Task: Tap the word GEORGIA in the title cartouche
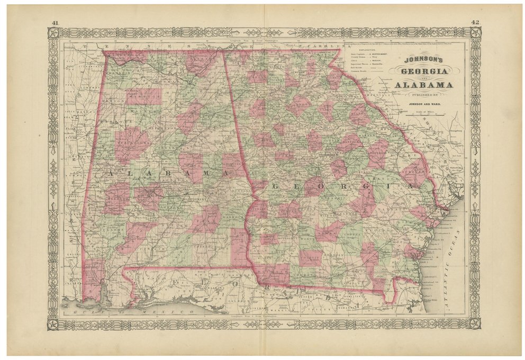point(423,71)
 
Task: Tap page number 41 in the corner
point(55,22)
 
